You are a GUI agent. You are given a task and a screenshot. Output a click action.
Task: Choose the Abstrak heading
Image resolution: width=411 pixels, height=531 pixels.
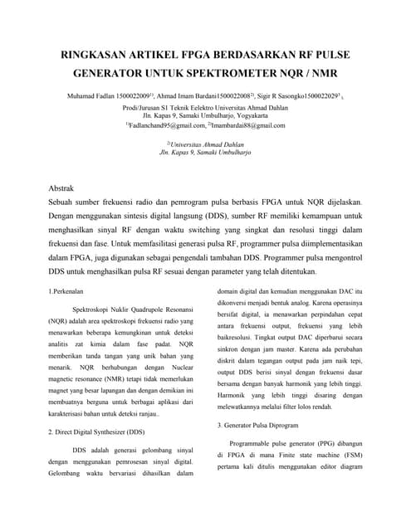pyautogui.click(x=63, y=190)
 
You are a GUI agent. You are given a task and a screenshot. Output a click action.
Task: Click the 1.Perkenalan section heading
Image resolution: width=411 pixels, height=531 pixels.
pyautogui.click(x=69, y=291)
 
